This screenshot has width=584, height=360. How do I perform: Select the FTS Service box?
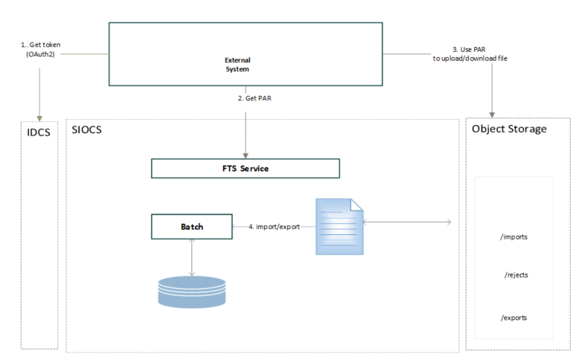(x=245, y=168)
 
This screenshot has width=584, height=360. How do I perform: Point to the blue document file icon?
(x=339, y=225)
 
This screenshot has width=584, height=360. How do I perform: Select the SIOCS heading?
(x=88, y=129)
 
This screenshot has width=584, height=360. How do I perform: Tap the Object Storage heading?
(x=510, y=129)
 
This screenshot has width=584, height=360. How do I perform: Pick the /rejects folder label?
(x=516, y=274)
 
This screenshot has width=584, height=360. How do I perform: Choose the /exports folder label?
(x=514, y=317)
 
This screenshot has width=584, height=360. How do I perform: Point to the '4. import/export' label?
(x=274, y=226)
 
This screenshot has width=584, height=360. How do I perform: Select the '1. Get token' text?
(x=40, y=45)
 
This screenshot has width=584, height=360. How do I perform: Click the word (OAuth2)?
(x=41, y=54)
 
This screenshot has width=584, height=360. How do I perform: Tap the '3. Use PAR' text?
(x=470, y=48)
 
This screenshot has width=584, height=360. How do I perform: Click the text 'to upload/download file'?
(x=470, y=57)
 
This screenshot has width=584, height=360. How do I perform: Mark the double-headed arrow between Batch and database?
(x=192, y=257)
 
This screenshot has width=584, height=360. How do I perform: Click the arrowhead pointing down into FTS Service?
(x=245, y=153)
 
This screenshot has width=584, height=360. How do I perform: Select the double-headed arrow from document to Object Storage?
(x=408, y=222)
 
